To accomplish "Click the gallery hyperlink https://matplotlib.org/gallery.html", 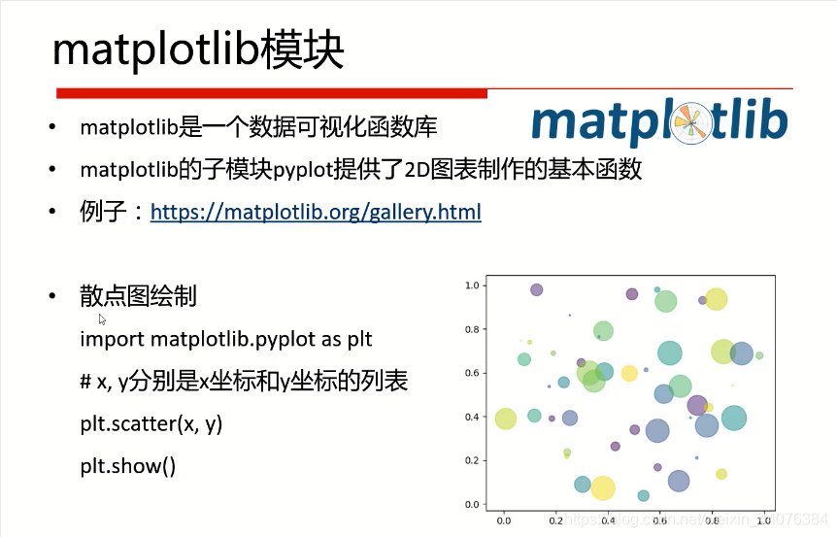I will tap(316, 212).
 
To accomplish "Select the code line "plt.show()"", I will tap(128, 465).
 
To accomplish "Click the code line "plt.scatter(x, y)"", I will tap(151, 423).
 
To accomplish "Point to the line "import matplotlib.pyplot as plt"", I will tap(226, 339).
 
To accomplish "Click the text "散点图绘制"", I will tap(138, 296).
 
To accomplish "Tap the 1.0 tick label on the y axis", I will tap(473, 285).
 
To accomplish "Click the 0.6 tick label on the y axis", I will tap(473, 373).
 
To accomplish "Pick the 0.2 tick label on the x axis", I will tap(555, 521).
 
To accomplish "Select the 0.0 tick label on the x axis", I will tap(503, 521).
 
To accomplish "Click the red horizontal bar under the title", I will tap(271, 93).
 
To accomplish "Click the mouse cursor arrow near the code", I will tap(102, 319).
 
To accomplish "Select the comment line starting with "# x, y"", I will tap(244, 382).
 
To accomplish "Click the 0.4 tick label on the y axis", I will tap(473, 417).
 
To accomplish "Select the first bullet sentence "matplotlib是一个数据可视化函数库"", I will tap(258, 127).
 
